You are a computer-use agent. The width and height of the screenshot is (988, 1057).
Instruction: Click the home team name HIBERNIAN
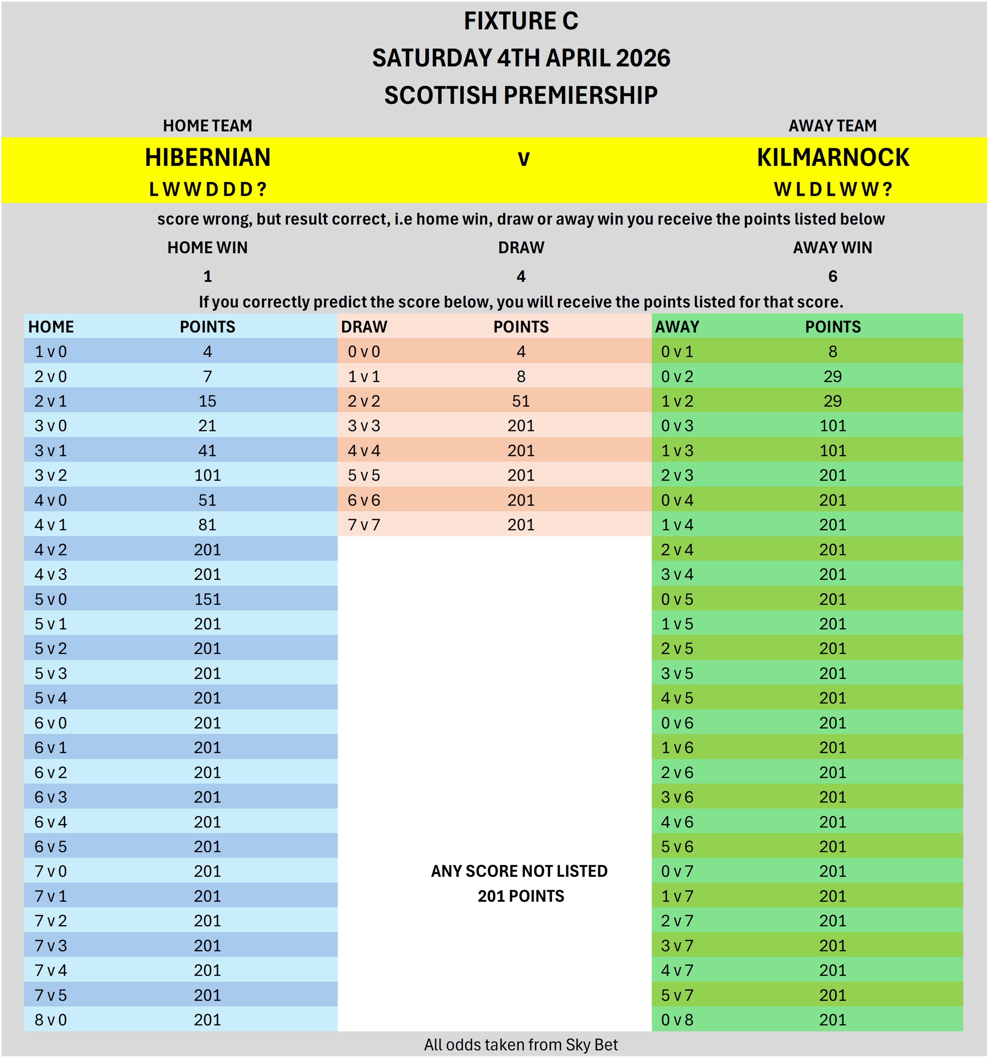point(208,157)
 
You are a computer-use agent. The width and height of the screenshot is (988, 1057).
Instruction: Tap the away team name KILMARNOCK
point(833,157)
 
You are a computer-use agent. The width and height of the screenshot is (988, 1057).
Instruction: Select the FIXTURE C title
point(521,21)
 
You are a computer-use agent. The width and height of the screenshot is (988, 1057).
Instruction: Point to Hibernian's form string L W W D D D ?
point(208,189)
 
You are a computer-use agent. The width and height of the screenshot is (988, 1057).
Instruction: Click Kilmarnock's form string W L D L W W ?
point(833,189)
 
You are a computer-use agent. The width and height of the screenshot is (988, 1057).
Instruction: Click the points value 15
point(208,401)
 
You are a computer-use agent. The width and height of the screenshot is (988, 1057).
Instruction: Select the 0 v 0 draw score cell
point(364,351)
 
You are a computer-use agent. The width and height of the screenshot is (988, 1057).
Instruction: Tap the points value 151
point(208,599)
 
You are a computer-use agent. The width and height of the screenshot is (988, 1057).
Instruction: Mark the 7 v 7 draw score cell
point(364,525)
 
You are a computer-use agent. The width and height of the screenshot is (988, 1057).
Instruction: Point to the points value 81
point(208,525)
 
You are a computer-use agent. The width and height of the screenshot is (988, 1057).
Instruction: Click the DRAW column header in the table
point(364,326)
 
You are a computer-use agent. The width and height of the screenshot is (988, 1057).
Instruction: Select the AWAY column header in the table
point(677,326)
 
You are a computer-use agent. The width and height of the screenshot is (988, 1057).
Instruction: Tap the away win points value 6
point(833,276)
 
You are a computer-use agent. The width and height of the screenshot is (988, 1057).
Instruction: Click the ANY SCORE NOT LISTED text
point(519,871)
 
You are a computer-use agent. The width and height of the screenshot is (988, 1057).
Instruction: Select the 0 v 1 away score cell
point(677,351)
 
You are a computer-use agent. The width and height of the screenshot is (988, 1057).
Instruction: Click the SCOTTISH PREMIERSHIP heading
point(521,95)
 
